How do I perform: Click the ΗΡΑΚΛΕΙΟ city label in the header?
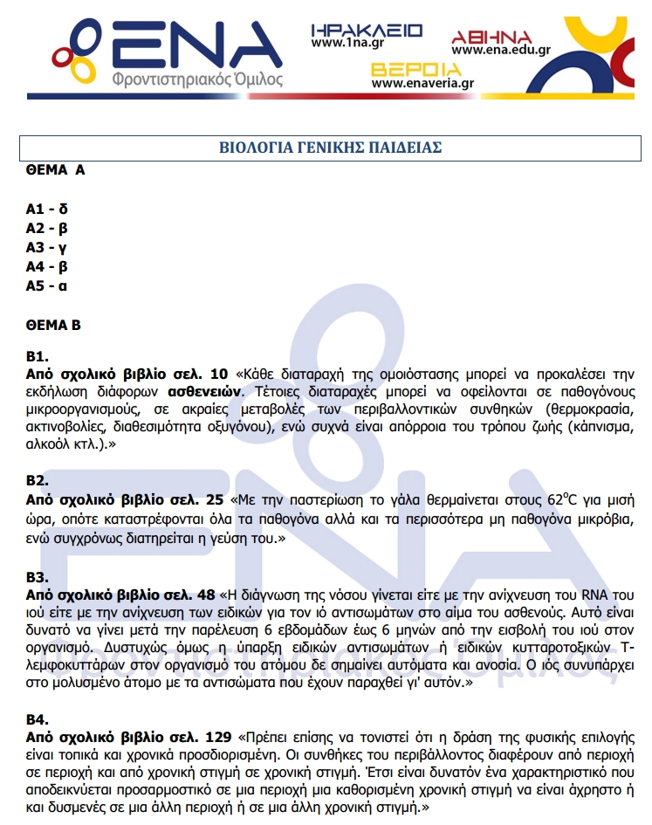[367, 31]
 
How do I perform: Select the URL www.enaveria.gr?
[422, 85]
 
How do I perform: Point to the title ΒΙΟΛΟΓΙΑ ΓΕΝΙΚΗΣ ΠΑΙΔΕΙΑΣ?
[329, 148]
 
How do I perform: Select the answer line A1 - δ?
[47, 210]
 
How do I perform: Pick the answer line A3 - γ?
[47, 248]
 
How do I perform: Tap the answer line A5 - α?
[47, 285]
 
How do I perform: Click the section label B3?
[38, 577]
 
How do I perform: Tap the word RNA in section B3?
[599, 594]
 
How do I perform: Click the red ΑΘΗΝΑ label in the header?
[491, 37]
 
